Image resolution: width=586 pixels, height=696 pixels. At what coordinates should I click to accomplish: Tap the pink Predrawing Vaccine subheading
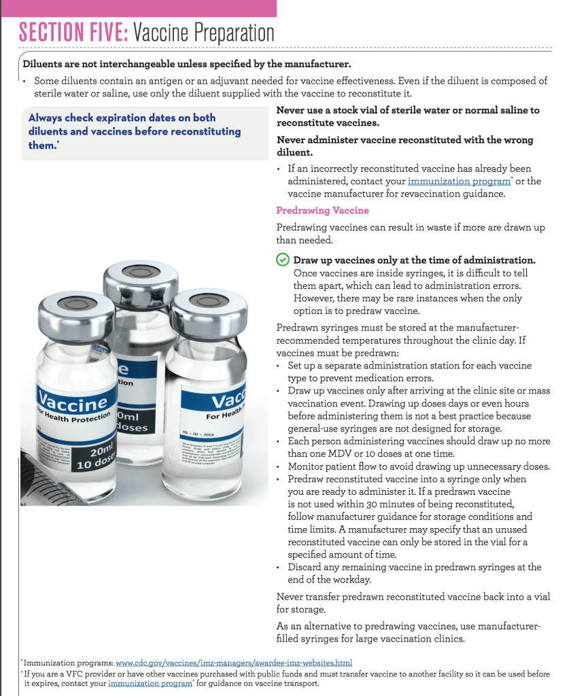coord(322,211)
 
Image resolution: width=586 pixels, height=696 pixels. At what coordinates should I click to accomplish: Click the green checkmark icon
coord(282,260)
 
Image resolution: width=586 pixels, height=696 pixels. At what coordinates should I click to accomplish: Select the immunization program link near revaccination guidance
coord(459,181)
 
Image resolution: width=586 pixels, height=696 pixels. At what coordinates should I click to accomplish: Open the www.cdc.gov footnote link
coord(234,663)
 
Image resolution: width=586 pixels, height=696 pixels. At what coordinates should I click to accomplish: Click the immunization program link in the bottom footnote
coord(150,683)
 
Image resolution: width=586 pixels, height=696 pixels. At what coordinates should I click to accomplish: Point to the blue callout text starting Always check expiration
coord(135,131)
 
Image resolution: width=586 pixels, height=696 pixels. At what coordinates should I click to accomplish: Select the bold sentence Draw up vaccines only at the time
coord(414,260)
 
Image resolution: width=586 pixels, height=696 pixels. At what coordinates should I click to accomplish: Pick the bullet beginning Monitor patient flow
coord(419,466)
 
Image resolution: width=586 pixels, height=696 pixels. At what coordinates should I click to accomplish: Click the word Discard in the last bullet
coord(307,567)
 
